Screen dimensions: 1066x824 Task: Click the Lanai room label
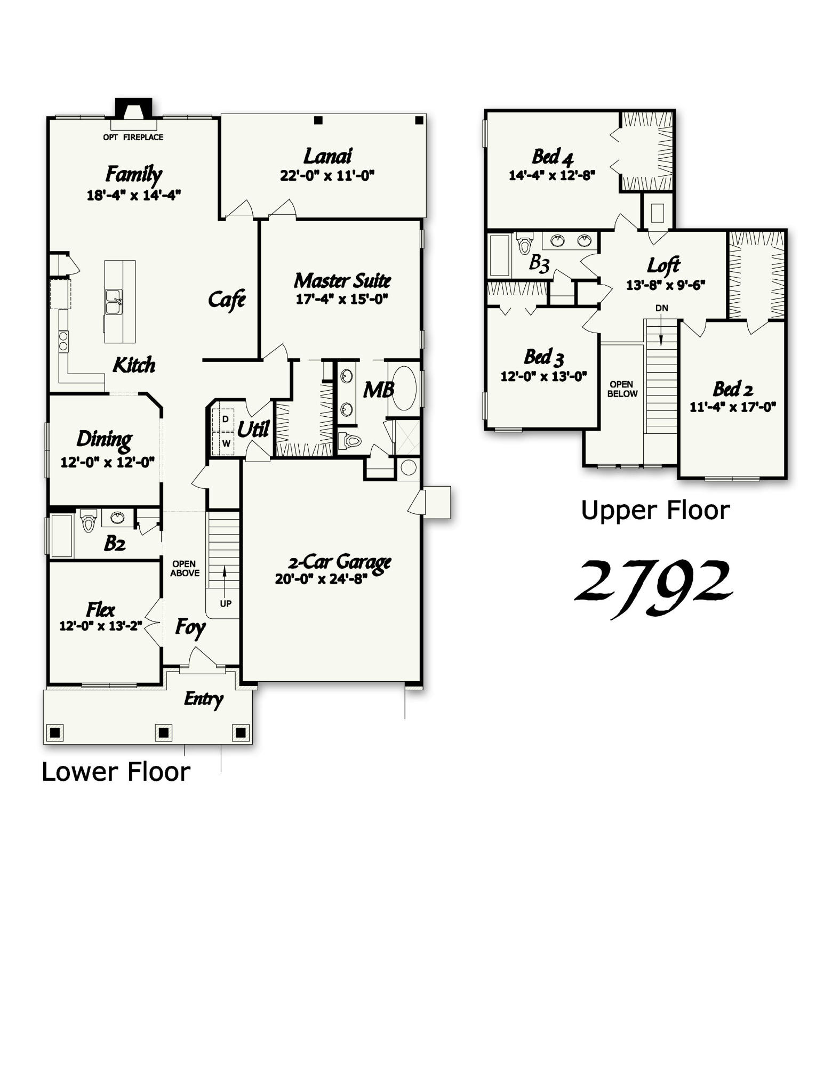[x=327, y=156]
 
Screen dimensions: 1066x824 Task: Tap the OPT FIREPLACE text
[x=133, y=137]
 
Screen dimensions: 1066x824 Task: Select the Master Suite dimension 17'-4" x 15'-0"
[x=341, y=299]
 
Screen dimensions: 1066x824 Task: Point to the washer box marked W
[x=226, y=443]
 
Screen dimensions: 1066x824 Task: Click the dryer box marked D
[x=226, y=419]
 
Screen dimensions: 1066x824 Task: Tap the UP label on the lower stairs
[x=226, y=604]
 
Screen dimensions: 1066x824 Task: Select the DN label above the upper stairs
[x=661, y=308]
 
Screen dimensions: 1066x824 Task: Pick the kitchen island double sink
[x=114, y=302]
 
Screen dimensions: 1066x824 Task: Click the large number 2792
[x=654, y=585]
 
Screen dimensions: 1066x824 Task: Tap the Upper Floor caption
[x=655, y=511]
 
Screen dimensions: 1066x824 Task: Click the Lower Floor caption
[x=116, y=772]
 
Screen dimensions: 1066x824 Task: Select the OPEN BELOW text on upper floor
[x=622, y=389]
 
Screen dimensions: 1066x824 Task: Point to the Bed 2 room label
[x=733, y=389]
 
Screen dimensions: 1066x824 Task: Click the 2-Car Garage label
[x=340, y=562]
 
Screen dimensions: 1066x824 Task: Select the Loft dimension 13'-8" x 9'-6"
[x=665, y=285]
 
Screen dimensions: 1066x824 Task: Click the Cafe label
[x=227, y=300]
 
